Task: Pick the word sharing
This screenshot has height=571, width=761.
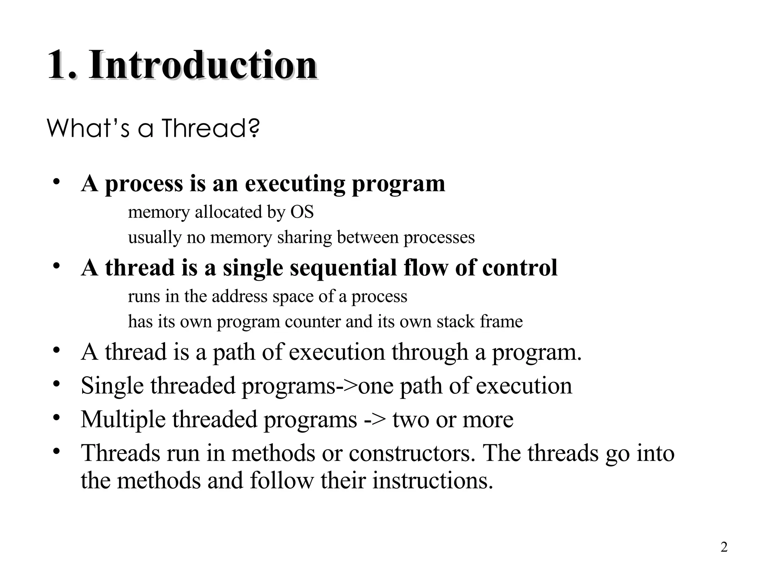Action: coord(304,237)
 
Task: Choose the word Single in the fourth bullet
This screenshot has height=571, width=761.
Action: coord(112,386)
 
